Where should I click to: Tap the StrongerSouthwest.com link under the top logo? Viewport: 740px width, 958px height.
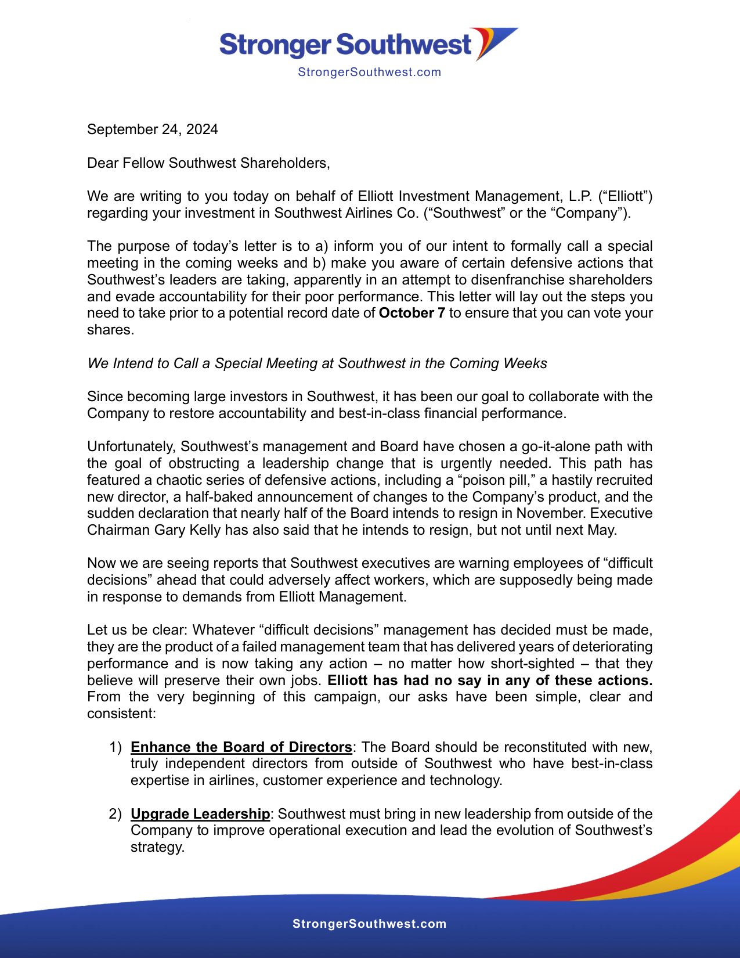369,73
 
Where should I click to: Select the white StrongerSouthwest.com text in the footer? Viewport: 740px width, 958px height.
369,924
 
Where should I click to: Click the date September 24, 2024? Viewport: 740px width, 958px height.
153,129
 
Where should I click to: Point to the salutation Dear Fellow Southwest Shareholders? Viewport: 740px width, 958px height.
208,163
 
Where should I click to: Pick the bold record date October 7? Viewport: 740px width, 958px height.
411,314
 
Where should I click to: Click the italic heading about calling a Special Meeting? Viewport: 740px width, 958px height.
317,363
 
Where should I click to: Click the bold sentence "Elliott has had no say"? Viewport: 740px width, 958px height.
490,680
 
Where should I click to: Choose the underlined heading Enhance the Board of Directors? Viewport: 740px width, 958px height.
241,747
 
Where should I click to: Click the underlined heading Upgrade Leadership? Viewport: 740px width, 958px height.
200,814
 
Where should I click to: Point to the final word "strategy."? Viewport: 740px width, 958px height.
157,847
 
